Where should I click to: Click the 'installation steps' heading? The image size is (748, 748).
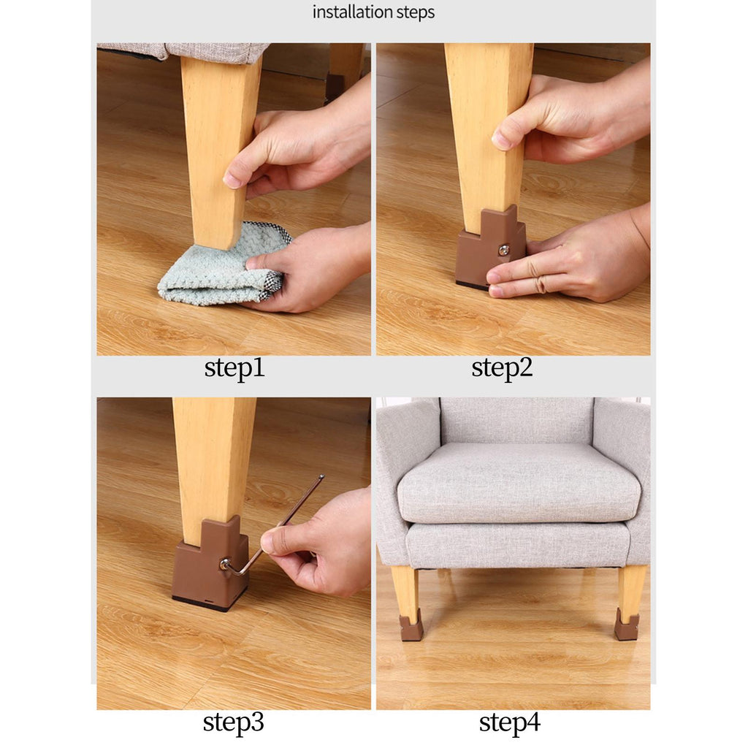[373, 12]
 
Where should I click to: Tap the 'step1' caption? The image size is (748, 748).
[234, 368]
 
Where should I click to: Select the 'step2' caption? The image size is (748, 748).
[502, 368]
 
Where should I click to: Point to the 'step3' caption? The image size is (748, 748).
[233, 722]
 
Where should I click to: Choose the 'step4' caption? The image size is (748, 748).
[509, 722]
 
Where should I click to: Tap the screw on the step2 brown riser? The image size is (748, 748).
[504, 250]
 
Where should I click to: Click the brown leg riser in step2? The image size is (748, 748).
[490, 248]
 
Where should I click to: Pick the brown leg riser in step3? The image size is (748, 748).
[210, 563]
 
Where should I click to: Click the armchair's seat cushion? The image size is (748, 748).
[519, 482]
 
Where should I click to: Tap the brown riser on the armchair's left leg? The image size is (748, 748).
[411, 625]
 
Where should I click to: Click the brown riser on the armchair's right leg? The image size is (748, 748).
[626, 624]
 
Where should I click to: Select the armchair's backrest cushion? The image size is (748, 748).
[516, 421]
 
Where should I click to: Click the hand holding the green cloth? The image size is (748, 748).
[310, 267]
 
